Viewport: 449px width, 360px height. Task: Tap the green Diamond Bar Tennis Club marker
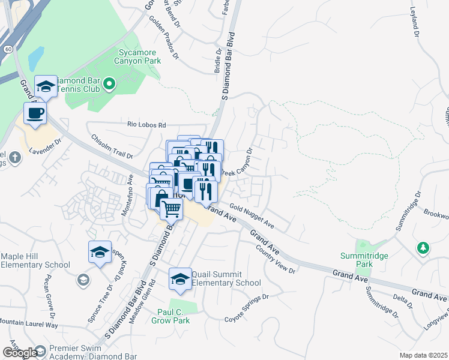109,85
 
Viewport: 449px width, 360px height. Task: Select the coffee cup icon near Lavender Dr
35,113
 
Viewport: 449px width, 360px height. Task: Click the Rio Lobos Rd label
146,125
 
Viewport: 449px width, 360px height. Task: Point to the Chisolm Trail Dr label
112,146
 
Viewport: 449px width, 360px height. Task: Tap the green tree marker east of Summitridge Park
423,247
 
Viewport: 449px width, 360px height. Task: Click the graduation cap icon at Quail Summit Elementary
180,278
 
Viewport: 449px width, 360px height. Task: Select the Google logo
19,353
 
